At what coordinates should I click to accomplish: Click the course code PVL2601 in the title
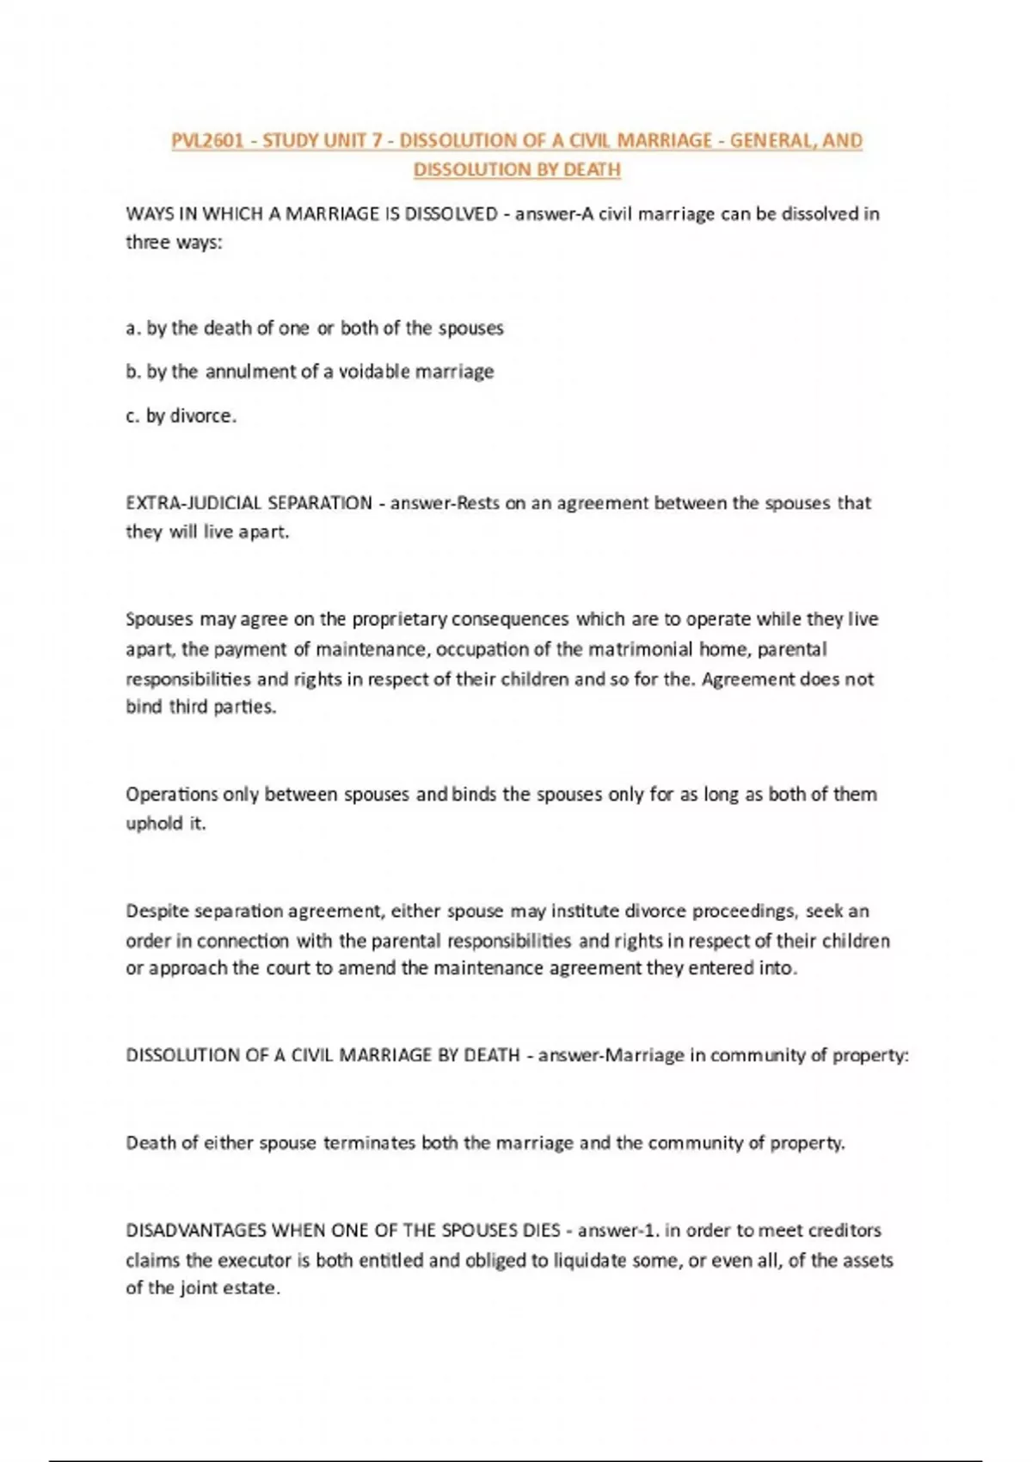[207, 140]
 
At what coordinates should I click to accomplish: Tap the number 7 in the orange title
[377, 140]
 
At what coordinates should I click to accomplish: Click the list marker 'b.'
[133, 372]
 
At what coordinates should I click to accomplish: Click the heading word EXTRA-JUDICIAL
[193, 503]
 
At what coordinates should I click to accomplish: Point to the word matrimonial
[641, 649]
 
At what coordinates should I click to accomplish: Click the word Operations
[171, 795]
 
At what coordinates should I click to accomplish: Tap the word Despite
[157, 911]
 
